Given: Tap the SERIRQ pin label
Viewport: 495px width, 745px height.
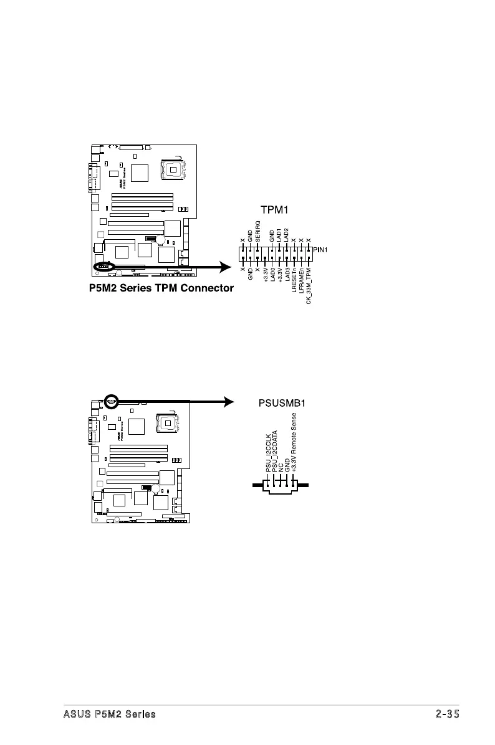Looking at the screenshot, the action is (257, 232).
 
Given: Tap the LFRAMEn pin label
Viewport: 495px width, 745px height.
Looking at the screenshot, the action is (301, 283).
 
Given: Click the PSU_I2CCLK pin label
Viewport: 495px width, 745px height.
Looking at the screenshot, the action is (268, 453).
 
